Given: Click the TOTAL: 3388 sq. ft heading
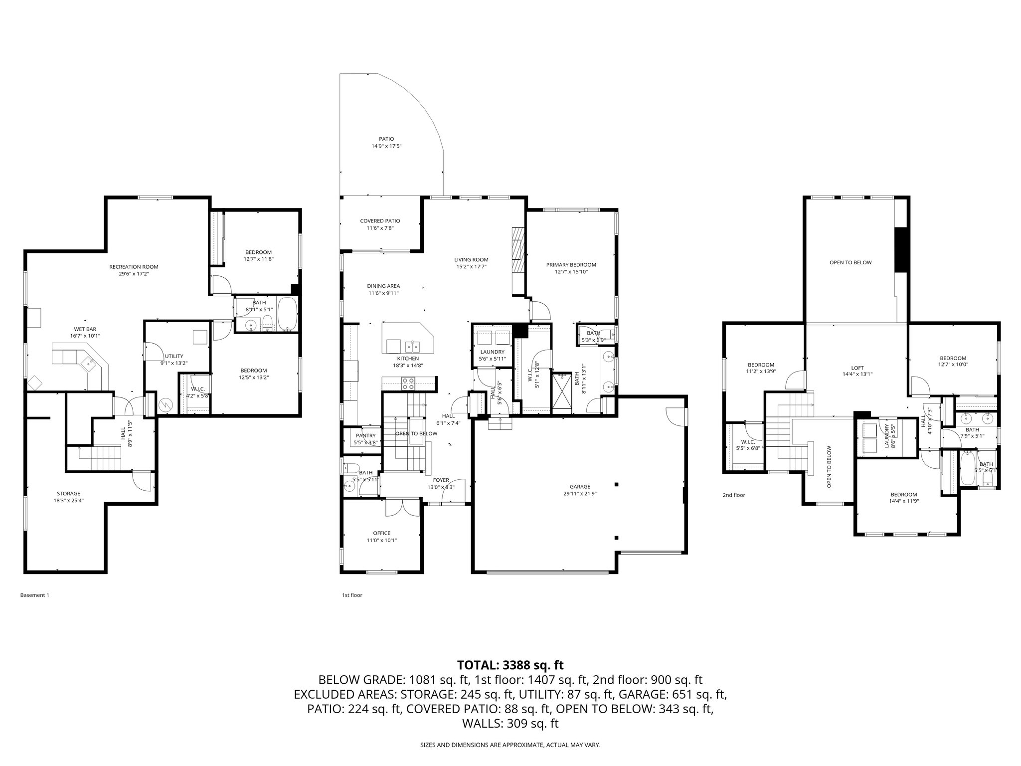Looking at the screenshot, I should (510, 665).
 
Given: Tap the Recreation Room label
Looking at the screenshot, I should (134, 267).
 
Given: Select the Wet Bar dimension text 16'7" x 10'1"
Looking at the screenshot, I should (85, 336).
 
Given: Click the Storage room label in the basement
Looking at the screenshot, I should (68, 494).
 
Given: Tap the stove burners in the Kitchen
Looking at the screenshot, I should (408, 383).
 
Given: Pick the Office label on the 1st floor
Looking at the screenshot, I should (382, 533).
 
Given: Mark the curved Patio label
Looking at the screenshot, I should (386, 139).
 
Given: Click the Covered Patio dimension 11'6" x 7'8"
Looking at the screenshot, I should (380, 228).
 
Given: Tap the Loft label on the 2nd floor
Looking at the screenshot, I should (857, 368).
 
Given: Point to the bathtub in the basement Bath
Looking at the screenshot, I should (287, 314).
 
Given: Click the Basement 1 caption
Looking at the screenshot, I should (34, 595).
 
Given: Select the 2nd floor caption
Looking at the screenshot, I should (734, 495).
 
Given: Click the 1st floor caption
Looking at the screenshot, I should (352, 595).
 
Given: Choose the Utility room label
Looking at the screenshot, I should (173, 356).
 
